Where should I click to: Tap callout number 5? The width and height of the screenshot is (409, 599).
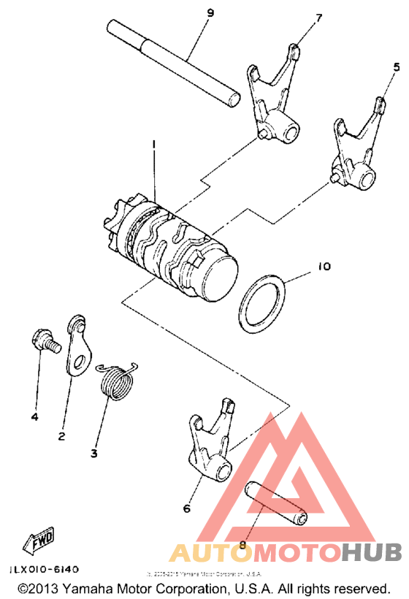[397, 66]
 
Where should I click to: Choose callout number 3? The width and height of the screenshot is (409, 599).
[93, 454]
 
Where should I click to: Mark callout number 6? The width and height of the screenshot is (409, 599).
[187, 508]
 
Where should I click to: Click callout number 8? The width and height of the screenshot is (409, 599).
[243, 543]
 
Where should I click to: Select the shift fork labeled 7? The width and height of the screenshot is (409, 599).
[274, 102]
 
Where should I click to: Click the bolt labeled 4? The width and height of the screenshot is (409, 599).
[45, 340]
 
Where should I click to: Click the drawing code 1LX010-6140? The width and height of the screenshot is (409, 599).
[45, 568]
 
